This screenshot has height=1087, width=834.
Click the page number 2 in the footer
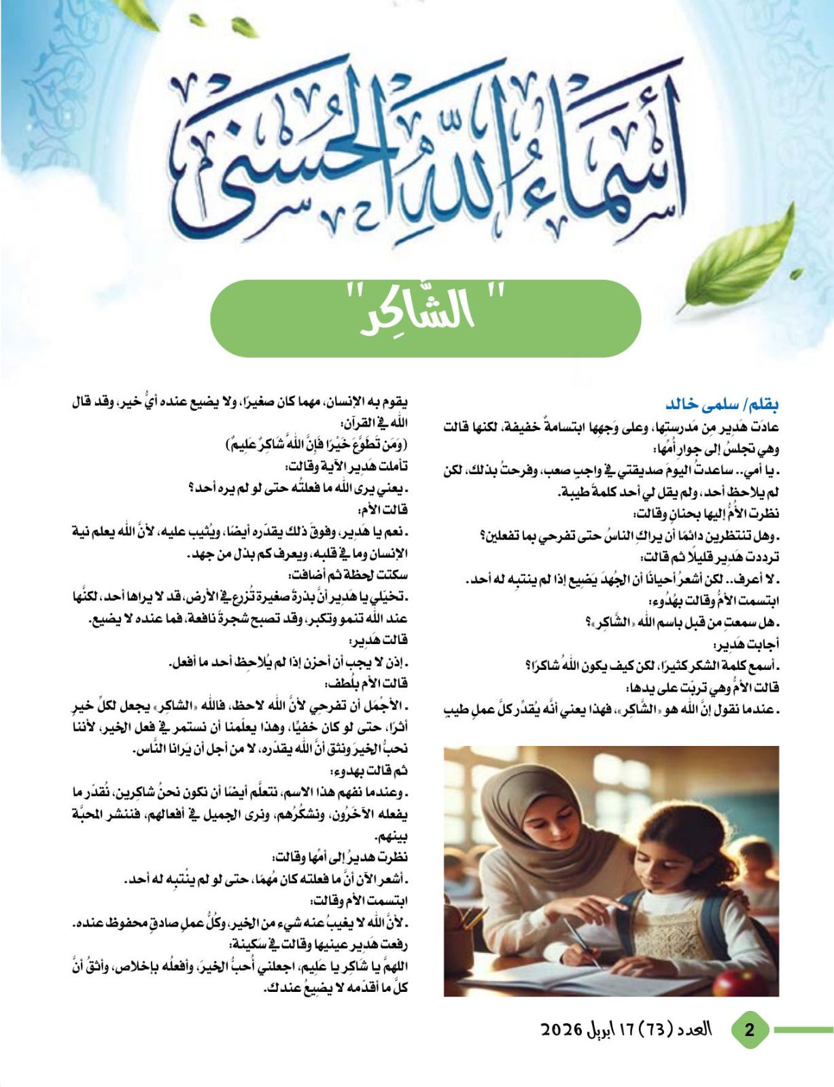[x=749, y=1029]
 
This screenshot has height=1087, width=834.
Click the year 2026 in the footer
[x=561, y=1030]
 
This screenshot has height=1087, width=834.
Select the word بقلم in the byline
[x=762, y=405]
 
